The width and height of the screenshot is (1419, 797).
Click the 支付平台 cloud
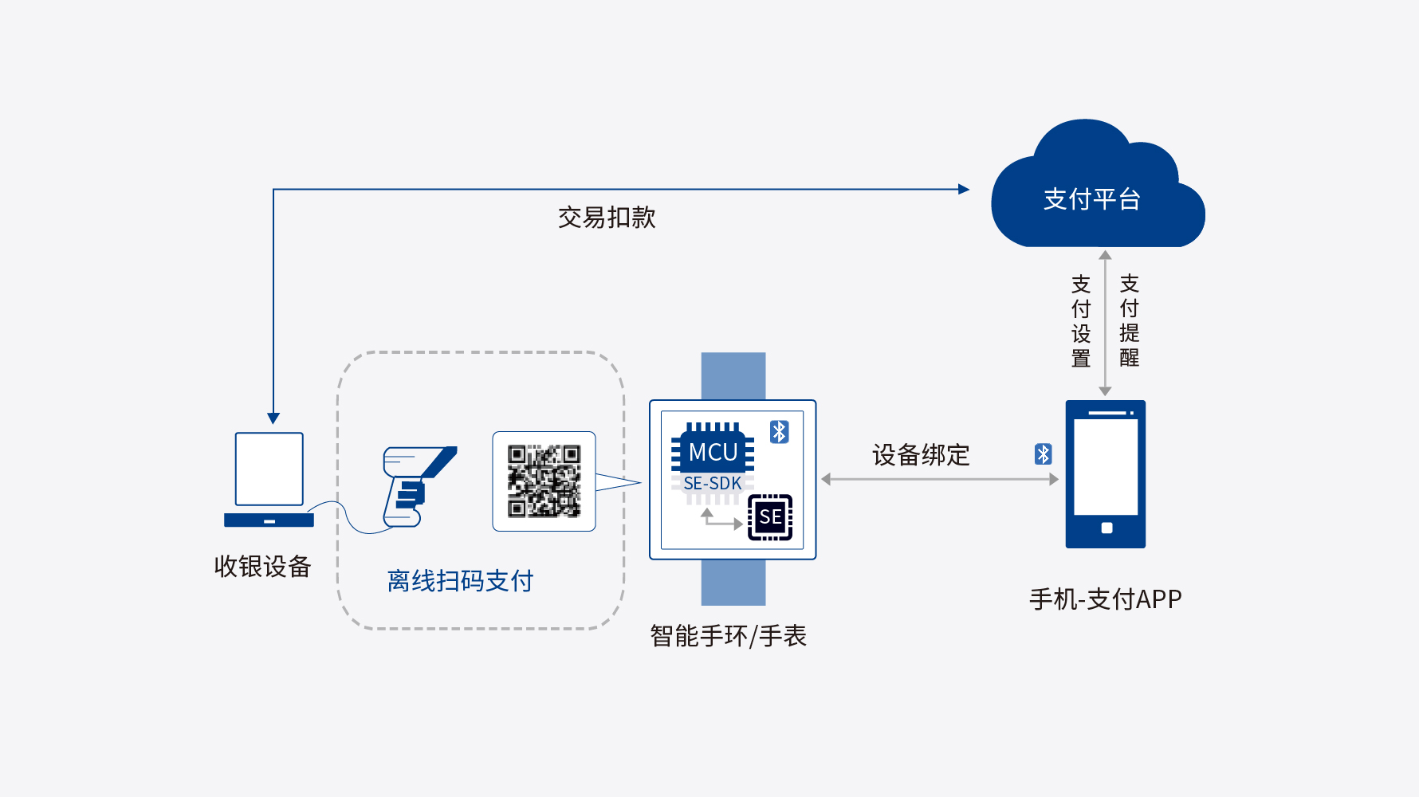click(x=1098, y=191)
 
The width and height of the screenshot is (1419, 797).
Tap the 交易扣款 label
click(x=607, y=217)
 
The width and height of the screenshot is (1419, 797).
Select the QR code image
click(x=544, y=481)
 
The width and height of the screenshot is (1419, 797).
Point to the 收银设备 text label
click(x=262, y=566)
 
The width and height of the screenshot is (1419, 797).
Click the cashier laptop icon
click(x=269, y=479)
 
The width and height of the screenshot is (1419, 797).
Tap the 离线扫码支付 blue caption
click(x=460, y=581)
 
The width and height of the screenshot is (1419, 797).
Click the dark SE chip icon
click(x=770, y=517)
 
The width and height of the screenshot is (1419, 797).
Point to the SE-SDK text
click(x=713, y=483)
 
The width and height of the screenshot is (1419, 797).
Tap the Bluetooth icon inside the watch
click(x=779, y=432)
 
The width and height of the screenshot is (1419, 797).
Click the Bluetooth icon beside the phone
click(x=1043, y=454)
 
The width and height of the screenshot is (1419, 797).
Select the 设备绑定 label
click(x=921, y=455)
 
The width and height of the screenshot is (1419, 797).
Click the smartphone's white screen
click(x=1106, y=467)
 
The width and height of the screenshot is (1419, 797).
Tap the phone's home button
click(x=1107, y=528)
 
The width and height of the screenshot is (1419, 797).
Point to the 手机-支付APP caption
click(x=1106, y=599)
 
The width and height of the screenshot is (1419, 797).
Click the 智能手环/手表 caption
click(x=728, y=636)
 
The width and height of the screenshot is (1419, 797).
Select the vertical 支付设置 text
click(x=1081, y=321)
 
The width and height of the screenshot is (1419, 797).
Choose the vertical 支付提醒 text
click(x=1130, y=320)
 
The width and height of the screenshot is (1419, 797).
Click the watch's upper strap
click(x=733, y=376)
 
